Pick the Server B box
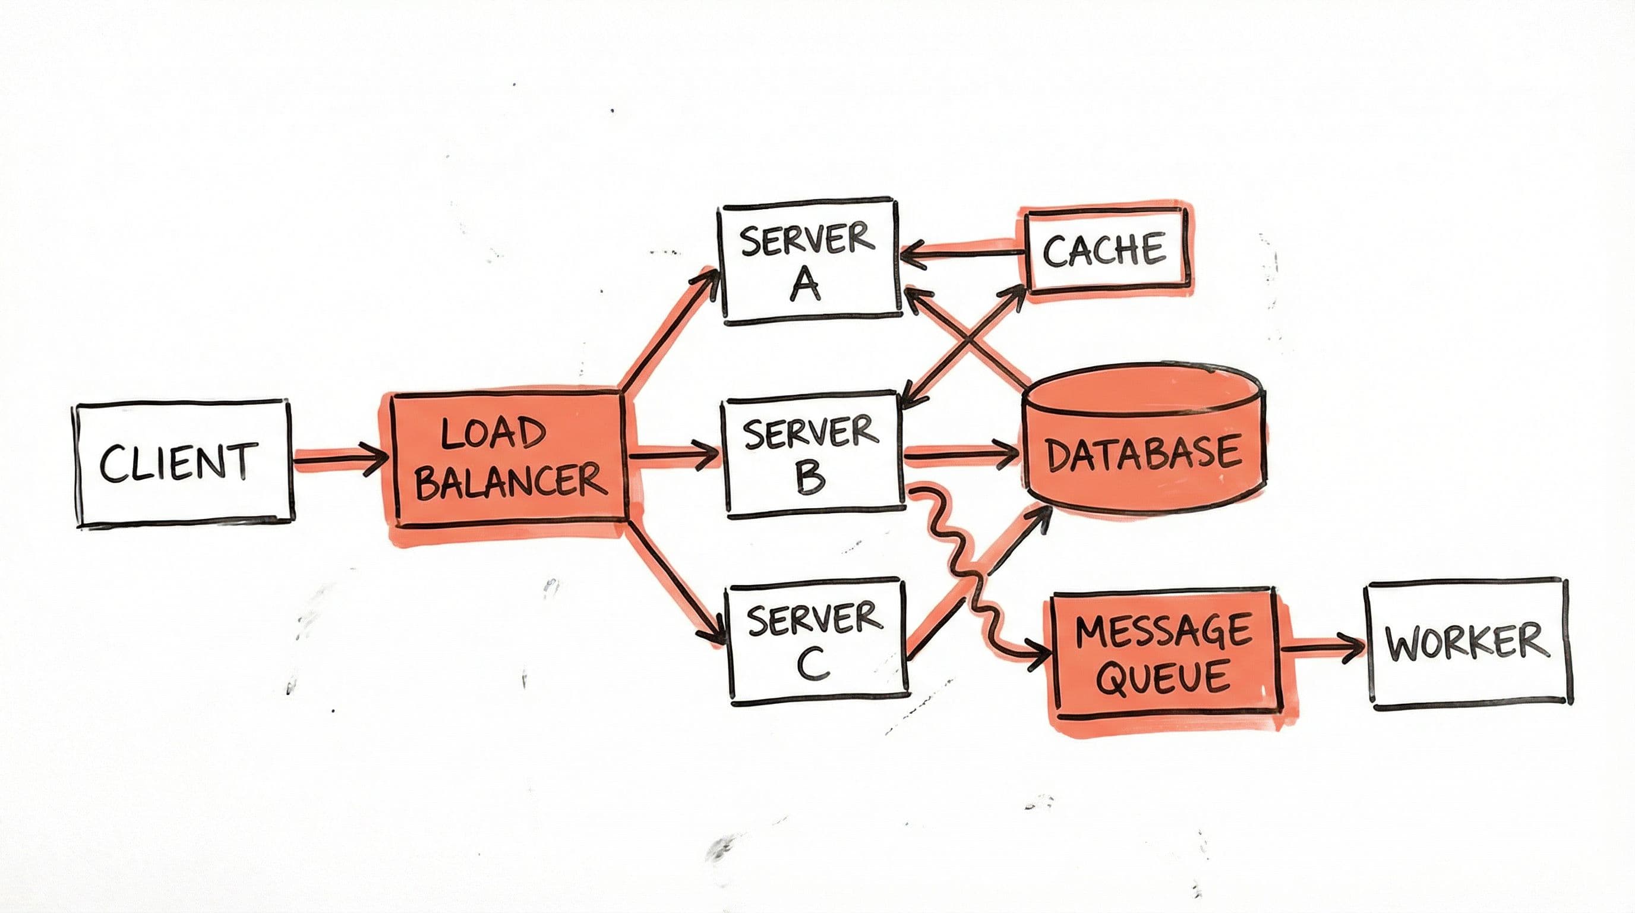pos(812,455)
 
